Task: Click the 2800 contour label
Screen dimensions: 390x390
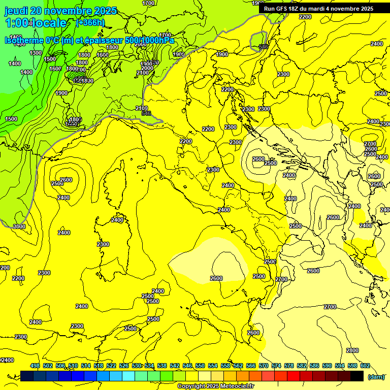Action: click(352, 351)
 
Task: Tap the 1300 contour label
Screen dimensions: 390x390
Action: click(36, 53)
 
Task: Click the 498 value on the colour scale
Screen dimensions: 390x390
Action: click(35, 366)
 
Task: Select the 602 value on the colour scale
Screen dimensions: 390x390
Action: click(365, 366)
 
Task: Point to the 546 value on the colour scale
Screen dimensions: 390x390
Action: click(187, 366)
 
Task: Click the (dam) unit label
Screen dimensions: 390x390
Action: click(376, 377)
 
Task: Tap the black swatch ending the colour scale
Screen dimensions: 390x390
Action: click(357, 376)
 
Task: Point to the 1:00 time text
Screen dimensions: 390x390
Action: click(15, 23)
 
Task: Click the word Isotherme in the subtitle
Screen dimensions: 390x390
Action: click(23, 40)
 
